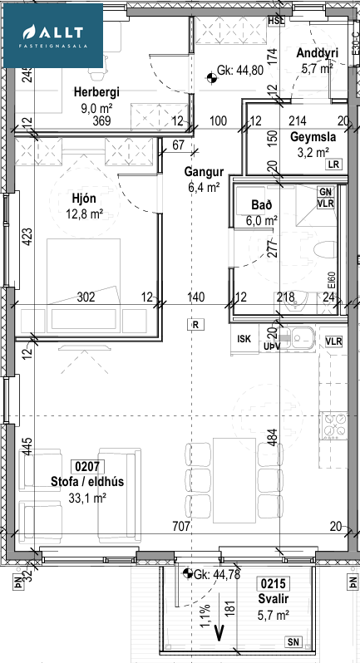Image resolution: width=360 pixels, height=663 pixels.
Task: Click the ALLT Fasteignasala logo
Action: (x=53, y=36)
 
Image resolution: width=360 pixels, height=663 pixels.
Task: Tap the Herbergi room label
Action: (x=96, y=91)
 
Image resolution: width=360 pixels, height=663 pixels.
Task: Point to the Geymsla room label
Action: (x=313, y=137)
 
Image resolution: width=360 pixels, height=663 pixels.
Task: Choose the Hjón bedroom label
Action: (x=85, y=199)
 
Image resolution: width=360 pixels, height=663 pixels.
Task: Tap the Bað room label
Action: (x=262, y=205)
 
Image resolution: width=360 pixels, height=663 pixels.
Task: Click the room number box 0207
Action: (x=87, y=467)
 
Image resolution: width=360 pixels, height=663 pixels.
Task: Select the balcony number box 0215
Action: (x=274, y=584)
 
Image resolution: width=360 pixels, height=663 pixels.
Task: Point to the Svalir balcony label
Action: (x=274, y=599)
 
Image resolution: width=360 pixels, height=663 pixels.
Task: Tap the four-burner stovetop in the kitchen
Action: (x=333, y=425)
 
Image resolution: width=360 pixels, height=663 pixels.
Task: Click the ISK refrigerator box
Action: (x=244, y=339)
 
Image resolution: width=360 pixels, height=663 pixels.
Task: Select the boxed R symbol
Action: (x=195, y=325)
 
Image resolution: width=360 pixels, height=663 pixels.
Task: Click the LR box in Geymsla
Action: (x=333, y=165)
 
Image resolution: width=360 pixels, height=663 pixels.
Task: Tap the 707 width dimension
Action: (x=181, y=527)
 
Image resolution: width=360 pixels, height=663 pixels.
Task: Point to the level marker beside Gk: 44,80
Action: (x=210, y=78)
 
